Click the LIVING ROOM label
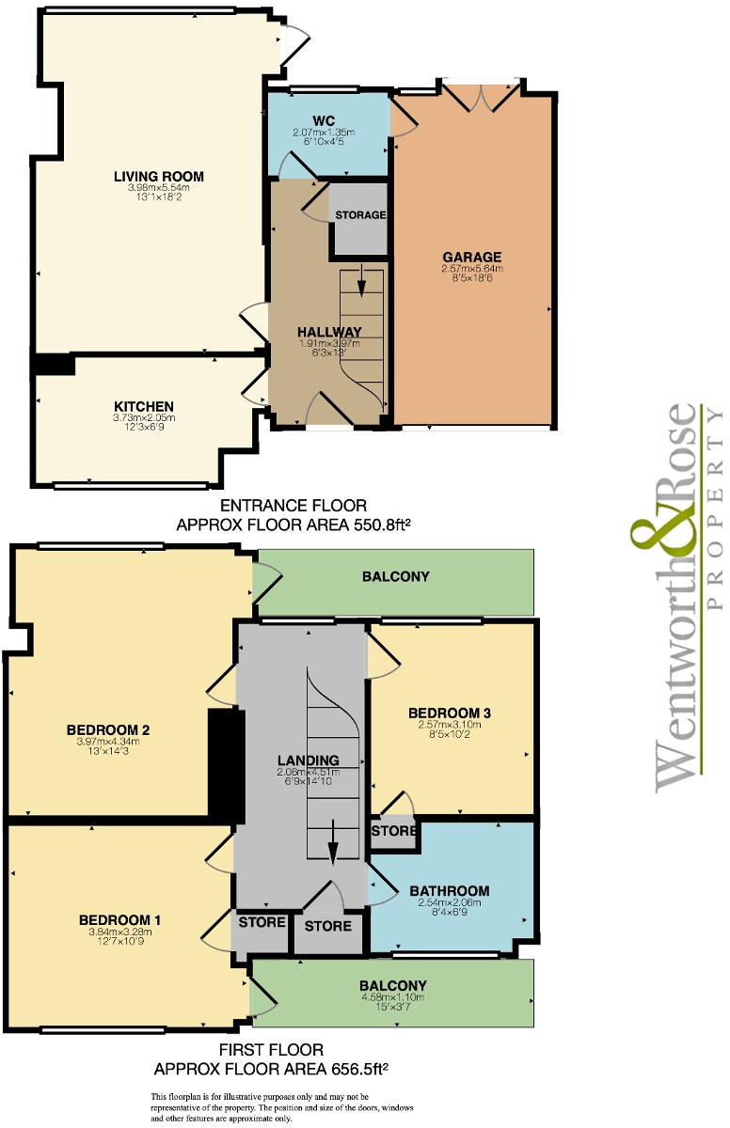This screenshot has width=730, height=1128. (x=158, y=176)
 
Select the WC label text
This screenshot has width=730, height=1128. (x=325, y=120)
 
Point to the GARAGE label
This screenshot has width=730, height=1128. (x=471, y=257)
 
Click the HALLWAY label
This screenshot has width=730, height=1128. (x=329, y=332)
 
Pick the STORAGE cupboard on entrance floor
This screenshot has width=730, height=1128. (x=360, y=215)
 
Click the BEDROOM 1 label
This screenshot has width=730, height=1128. (x=119, y=919)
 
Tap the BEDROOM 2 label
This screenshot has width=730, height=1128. (x=108, y=729)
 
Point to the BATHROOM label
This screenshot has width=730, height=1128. (x=448, y=891)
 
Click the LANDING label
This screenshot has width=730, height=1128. (x=308, y=760)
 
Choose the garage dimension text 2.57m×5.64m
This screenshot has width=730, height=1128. (x=471, y=269)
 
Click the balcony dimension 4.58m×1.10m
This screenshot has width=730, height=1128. (x=392, y=998)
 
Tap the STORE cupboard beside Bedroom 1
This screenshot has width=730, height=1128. (x=262, y=922)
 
